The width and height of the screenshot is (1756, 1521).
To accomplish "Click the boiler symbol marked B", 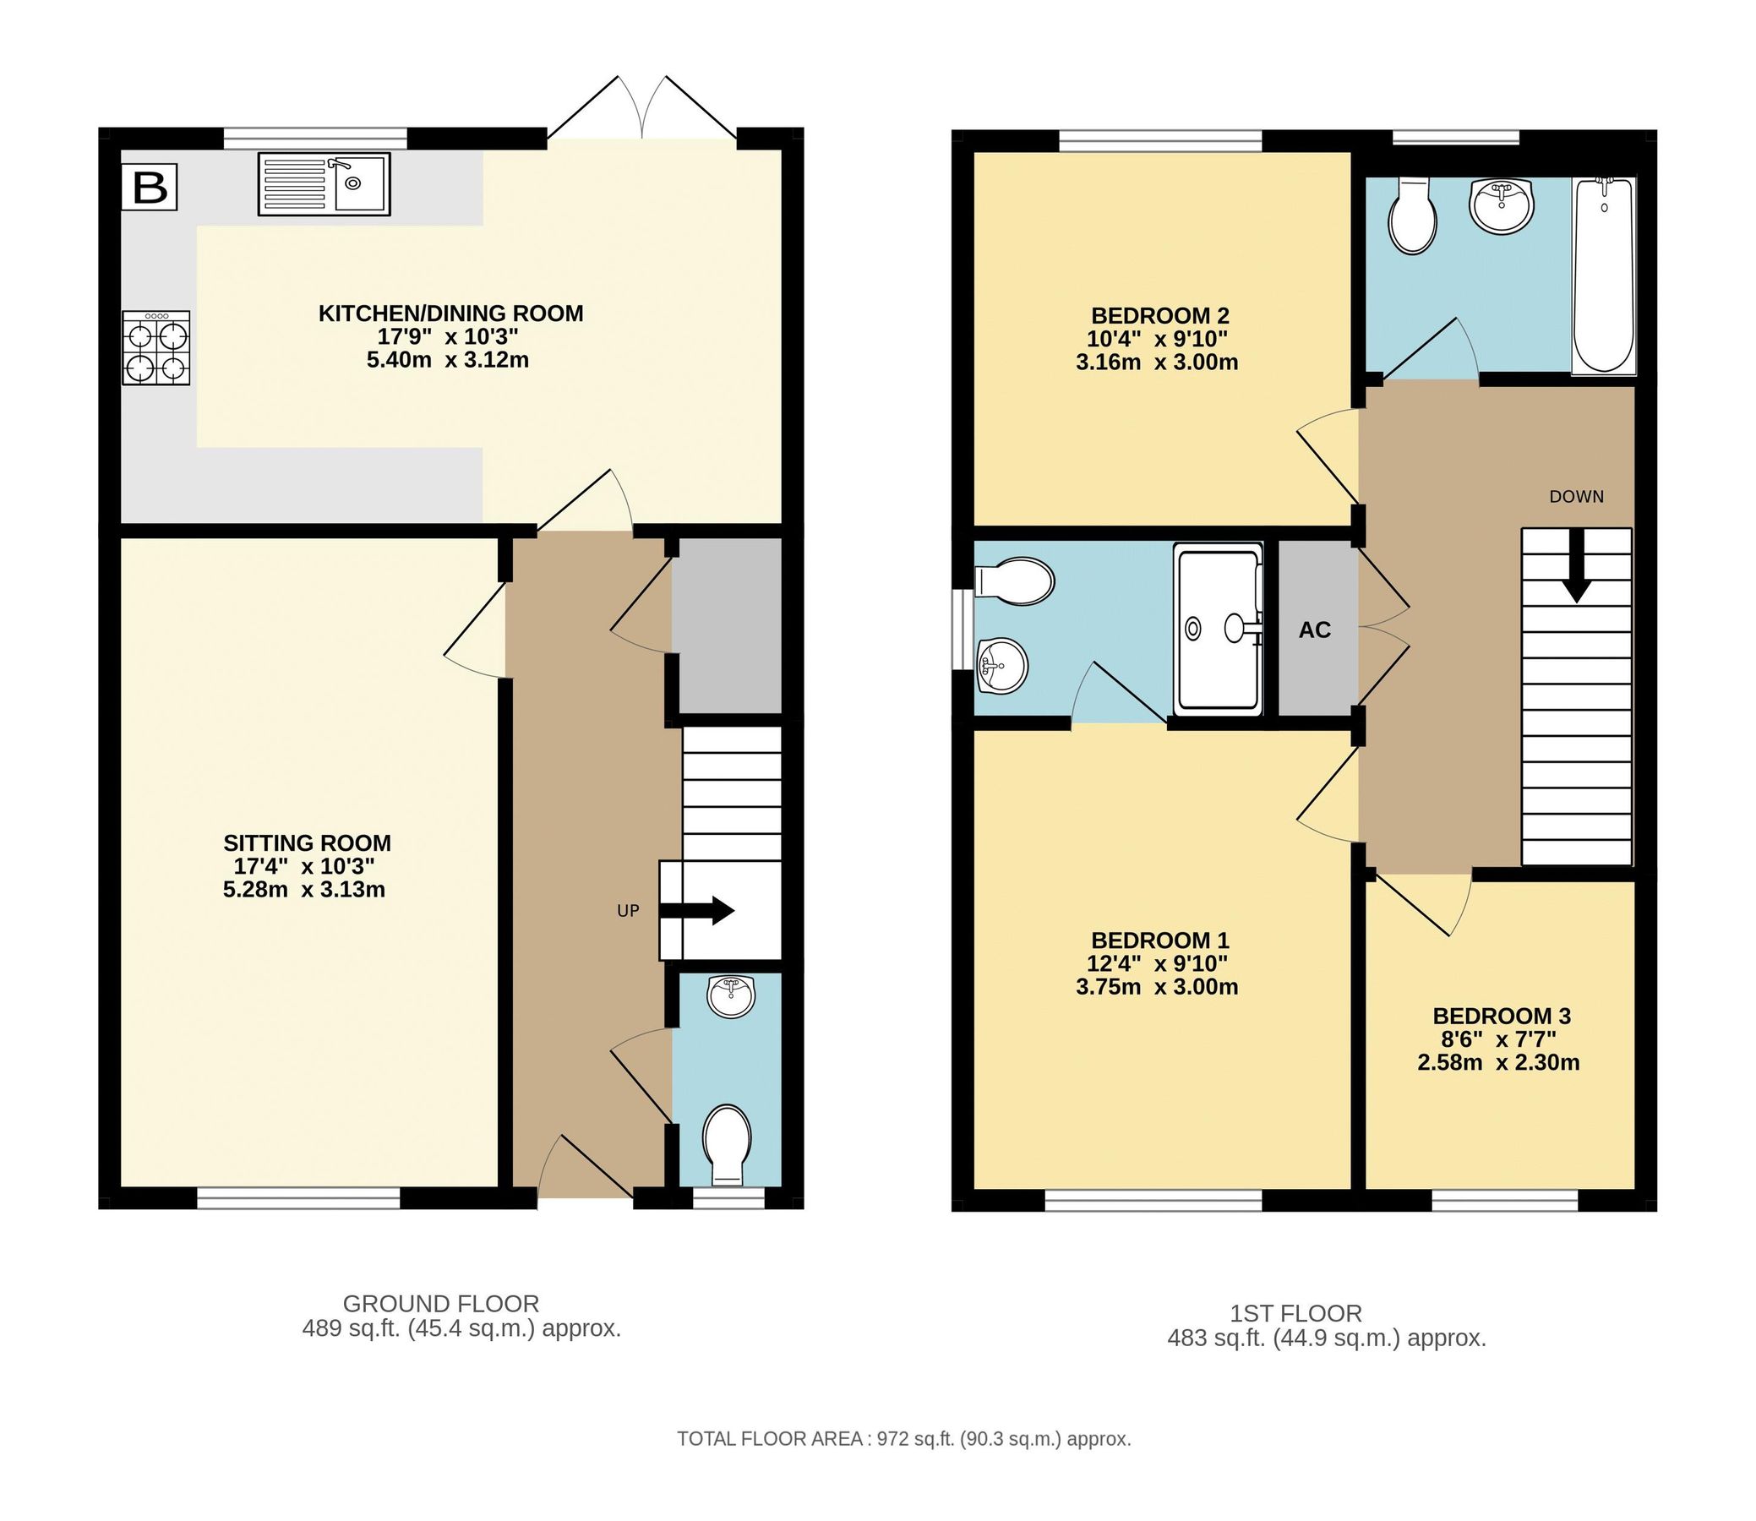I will click(x=150, y=188).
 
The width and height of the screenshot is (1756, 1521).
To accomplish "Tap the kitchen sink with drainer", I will click(x=324, y=184).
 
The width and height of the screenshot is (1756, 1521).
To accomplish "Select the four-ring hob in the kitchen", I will click(x=156, y=348).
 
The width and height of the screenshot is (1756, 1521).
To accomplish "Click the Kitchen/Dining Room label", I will click(x=450, y=314).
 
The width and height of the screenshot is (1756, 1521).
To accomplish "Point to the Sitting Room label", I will click(x=307, y=842).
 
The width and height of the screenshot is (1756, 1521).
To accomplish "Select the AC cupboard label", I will click(x=1315, y=630).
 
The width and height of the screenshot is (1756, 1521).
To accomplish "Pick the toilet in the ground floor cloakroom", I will click(x=728, y=1142).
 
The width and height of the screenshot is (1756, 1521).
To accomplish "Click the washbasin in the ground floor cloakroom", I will click(x=731, y=997).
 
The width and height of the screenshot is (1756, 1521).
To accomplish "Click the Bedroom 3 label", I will click(x=1501, y=1016).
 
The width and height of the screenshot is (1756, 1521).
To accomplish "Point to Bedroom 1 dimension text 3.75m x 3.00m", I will click(x=1156, y=987).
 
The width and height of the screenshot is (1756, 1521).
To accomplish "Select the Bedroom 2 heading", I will click(x=1159, y=316).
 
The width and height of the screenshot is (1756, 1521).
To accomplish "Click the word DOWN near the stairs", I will click(x=1576, y=497).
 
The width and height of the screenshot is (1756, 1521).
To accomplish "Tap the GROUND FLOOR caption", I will click(x=440, y=1304).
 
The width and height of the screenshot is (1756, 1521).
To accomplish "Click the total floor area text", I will click(x=903, y=1439).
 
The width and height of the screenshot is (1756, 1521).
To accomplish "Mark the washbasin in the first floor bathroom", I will click(x=1501, y=204).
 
